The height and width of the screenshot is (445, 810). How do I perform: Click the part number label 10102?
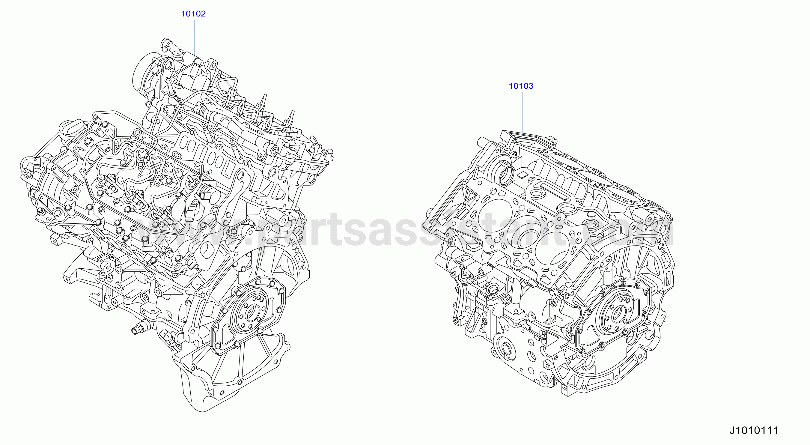click(x=193, y=13)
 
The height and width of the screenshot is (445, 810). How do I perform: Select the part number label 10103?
click(x=521, y=86)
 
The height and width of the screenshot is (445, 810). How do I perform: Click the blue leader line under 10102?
click(x=194, y=38)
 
